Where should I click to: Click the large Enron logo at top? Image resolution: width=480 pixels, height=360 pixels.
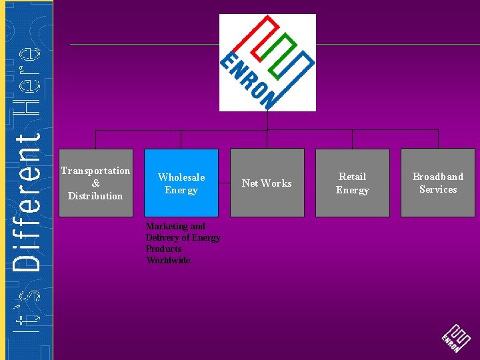click(267, 63)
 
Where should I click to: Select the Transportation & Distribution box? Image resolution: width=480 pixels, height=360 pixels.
click(95, 183)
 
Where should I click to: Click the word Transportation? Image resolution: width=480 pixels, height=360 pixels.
click(95, 171)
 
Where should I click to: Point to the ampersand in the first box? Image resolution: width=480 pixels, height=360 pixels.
click(95, 183)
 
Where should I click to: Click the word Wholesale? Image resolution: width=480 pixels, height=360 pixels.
click(181, 177)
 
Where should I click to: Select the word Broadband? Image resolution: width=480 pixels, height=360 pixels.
click(437, 177)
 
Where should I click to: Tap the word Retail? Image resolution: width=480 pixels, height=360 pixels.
click(352, 177)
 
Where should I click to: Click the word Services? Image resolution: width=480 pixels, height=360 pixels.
click(437, 189)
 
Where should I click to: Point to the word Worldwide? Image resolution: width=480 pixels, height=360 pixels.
click(168, 260)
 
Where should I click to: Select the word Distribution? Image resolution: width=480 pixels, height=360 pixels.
click(95, 196)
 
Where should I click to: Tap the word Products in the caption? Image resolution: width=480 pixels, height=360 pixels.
click(163, 249)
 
